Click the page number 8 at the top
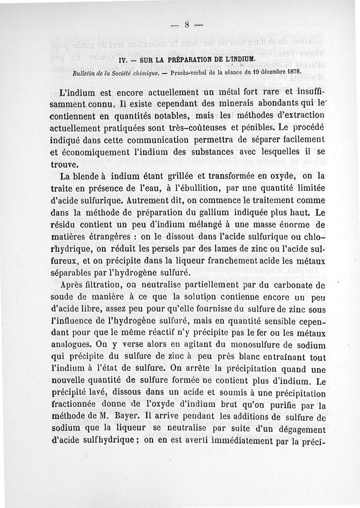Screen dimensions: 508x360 (x=186, y=26)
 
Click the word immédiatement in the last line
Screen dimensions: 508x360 (x=238, y=441)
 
